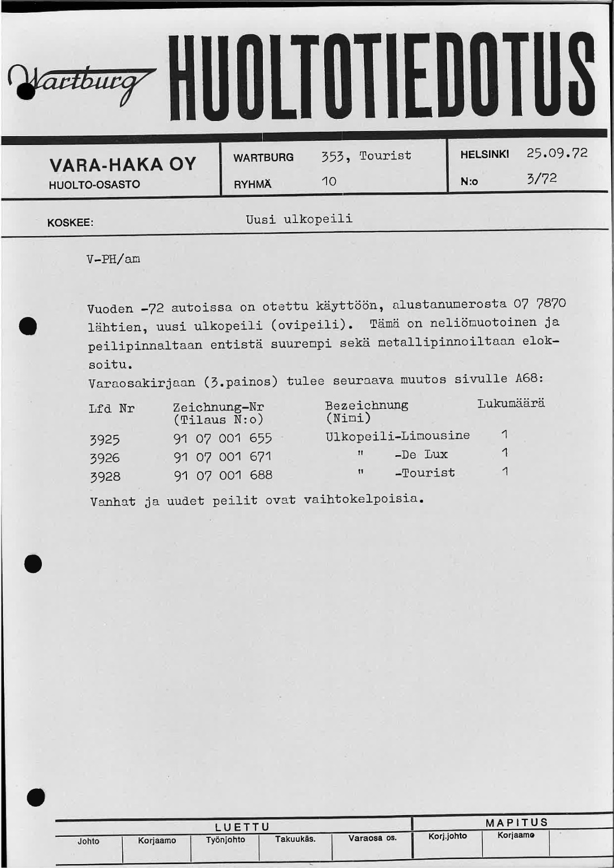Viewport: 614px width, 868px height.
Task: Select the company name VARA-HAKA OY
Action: pos(123,165)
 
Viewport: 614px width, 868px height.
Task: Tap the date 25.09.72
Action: pos(557,153)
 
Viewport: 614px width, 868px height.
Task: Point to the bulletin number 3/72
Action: pos(541,179)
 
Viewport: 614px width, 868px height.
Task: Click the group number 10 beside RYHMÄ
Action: pos(329,181)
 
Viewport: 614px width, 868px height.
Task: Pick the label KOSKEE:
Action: pos(70,223)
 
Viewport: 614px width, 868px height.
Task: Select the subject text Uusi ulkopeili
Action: pos(299,219)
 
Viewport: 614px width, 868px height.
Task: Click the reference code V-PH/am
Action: pos(113,259)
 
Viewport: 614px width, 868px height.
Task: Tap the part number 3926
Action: pos(105,458)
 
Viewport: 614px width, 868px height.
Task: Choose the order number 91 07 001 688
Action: pos(223,475)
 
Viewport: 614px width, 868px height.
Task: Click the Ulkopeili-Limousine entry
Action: pos(397,436)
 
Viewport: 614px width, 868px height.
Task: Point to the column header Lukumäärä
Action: pos(511,403)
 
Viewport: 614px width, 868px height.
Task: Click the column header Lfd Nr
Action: pos(112,408)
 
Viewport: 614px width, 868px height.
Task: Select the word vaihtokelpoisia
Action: pos(363,499)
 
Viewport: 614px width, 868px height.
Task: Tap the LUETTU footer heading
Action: pos(242,827)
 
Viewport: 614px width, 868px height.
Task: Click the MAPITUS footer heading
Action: pos(516,822)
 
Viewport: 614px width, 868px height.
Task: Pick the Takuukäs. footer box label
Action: pos(295,839)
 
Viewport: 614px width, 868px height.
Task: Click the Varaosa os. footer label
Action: pos(372,838)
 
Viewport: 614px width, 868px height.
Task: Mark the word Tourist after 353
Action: pos(385,156)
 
